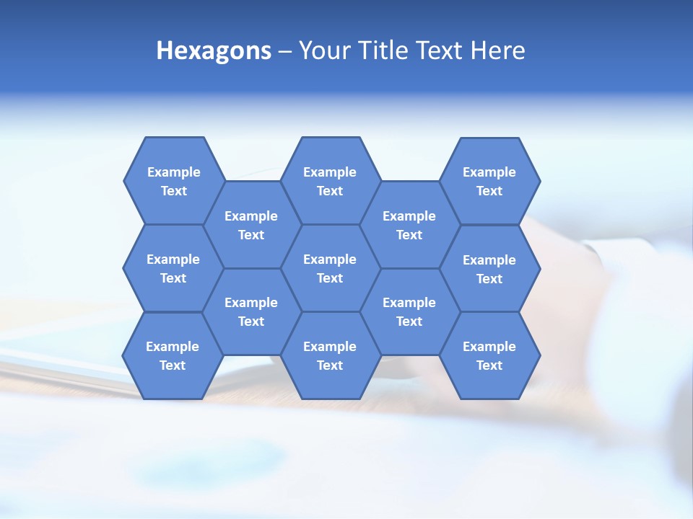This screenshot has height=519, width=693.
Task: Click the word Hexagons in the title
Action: pos(214,50)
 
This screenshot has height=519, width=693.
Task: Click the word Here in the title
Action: pos(498,50)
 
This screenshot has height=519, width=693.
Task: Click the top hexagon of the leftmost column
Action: pos(173,181)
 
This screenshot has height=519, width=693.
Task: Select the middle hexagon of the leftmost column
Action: pos(173,268)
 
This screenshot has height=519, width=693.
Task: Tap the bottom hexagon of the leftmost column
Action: pos(173,355)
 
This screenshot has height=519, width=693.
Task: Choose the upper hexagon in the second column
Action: pos(251,225)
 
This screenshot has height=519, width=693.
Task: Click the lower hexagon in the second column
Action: pos(251,311)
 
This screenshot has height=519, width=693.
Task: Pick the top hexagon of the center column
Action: pos(330,181)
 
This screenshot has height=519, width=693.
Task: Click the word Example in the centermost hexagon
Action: pos(330,259)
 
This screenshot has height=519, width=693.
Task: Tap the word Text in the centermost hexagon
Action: pos(330,278)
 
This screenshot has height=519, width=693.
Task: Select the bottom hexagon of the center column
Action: pos(330,355)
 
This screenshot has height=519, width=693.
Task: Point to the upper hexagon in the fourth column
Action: pos(409,225)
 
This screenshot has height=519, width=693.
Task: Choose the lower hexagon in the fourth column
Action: pos(409,311)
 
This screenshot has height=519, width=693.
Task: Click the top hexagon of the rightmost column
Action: pos(489,181)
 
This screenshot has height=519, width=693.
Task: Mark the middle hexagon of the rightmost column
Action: pos(489,269)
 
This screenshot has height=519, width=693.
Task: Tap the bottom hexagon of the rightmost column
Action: pos(489,355)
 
